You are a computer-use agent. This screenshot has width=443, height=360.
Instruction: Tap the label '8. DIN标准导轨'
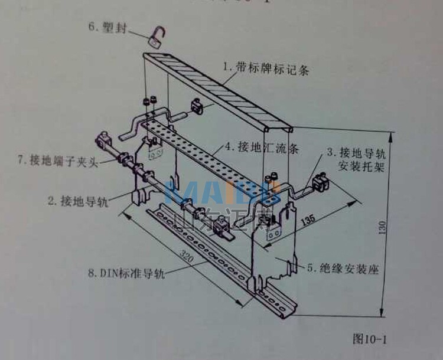[125, 273]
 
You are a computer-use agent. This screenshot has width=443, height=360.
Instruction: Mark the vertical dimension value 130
[384, 227]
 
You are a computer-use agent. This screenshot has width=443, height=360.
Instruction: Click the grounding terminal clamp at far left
[102, 142]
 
